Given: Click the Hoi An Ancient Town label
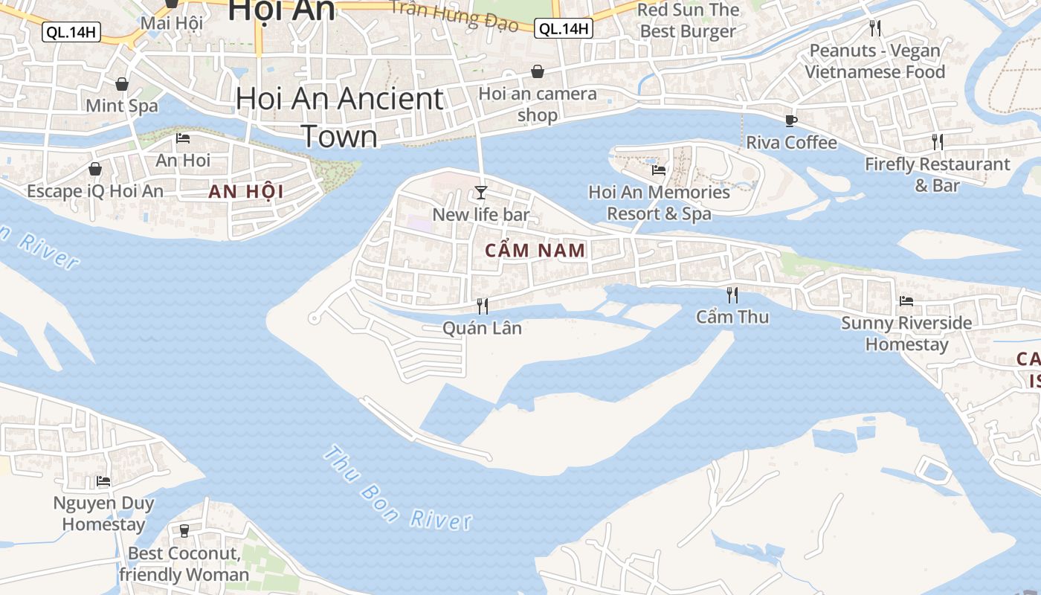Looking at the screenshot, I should (x=340, y=118).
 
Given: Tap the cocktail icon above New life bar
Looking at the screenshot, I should (x=481, y=193).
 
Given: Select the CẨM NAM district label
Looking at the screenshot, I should (x=535, y=251).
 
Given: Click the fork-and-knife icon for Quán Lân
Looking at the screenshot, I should (x=482, y=306).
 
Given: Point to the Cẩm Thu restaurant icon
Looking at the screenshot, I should (x=732, y=295).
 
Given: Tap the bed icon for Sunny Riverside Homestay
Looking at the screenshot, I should (x=906, y=301).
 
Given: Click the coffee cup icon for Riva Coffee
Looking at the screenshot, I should (x=791, y=120).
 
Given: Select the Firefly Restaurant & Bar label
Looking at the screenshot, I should (x=937, y=174).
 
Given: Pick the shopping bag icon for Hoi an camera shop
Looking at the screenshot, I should (x=537, y=71).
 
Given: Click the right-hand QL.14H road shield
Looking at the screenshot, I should (x=564, y=29).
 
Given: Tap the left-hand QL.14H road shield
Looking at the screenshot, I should (x=71, y=31).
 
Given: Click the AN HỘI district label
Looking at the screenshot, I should (x=246, y=192).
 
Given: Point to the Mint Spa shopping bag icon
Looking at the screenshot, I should (x=121, y=84).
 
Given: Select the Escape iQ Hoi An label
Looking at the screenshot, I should (x=95, y=191).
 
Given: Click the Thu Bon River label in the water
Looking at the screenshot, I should (x=398, y=489).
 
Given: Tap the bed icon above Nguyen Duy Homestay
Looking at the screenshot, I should (x=103, y=481).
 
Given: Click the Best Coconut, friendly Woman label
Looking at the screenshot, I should (x=184, y=565).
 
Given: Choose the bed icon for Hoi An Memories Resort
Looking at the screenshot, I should (x=658, y=170).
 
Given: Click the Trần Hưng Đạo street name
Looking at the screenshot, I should (x=454, y=16).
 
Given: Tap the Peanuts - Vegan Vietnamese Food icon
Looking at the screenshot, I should (x=875, y=28).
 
